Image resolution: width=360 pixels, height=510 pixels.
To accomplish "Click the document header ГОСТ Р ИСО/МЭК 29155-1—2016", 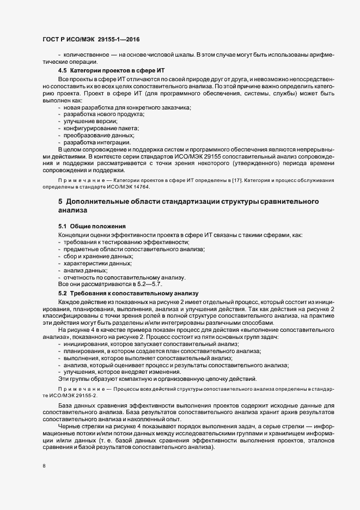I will tap(90, 40).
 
